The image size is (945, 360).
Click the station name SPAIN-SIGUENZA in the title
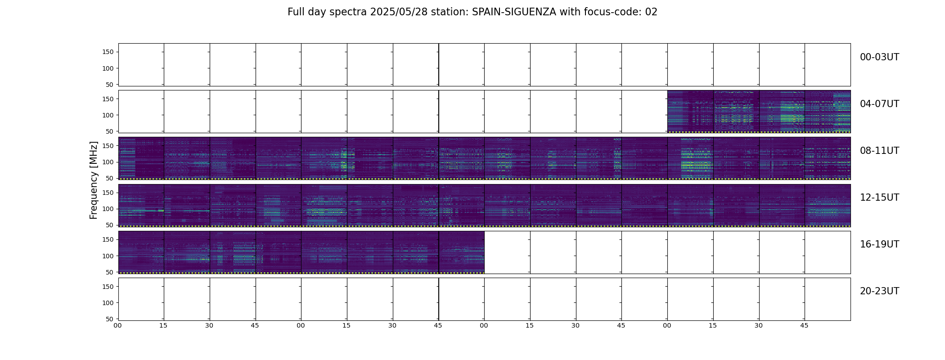(x=514, y=12)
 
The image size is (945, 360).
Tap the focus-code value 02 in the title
(x=651, y=12)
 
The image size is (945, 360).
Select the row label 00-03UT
(x=879, y=57)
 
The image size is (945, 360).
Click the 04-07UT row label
(x=879, y=104)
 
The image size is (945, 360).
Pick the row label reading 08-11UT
(x=879, y=151)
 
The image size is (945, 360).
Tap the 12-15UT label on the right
(x=879, y=198)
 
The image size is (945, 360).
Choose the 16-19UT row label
(x=879, y=244)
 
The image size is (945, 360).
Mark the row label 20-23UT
(x=879, y=291)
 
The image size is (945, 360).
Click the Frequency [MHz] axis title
(x=94, y=180)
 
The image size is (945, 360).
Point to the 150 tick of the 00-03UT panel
(x=108, y=52)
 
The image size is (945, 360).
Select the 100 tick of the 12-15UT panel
(x=108, y=209)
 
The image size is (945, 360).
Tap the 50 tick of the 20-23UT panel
(x=110, y=319)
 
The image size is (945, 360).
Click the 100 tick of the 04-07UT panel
(x=108, y=115)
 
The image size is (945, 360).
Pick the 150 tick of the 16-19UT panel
(x=108, y=239)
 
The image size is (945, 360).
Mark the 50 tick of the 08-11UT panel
(x=110, y=178)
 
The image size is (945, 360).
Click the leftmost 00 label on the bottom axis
(x=118, y=325)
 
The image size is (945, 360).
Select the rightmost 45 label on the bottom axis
(x=805, y=325)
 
